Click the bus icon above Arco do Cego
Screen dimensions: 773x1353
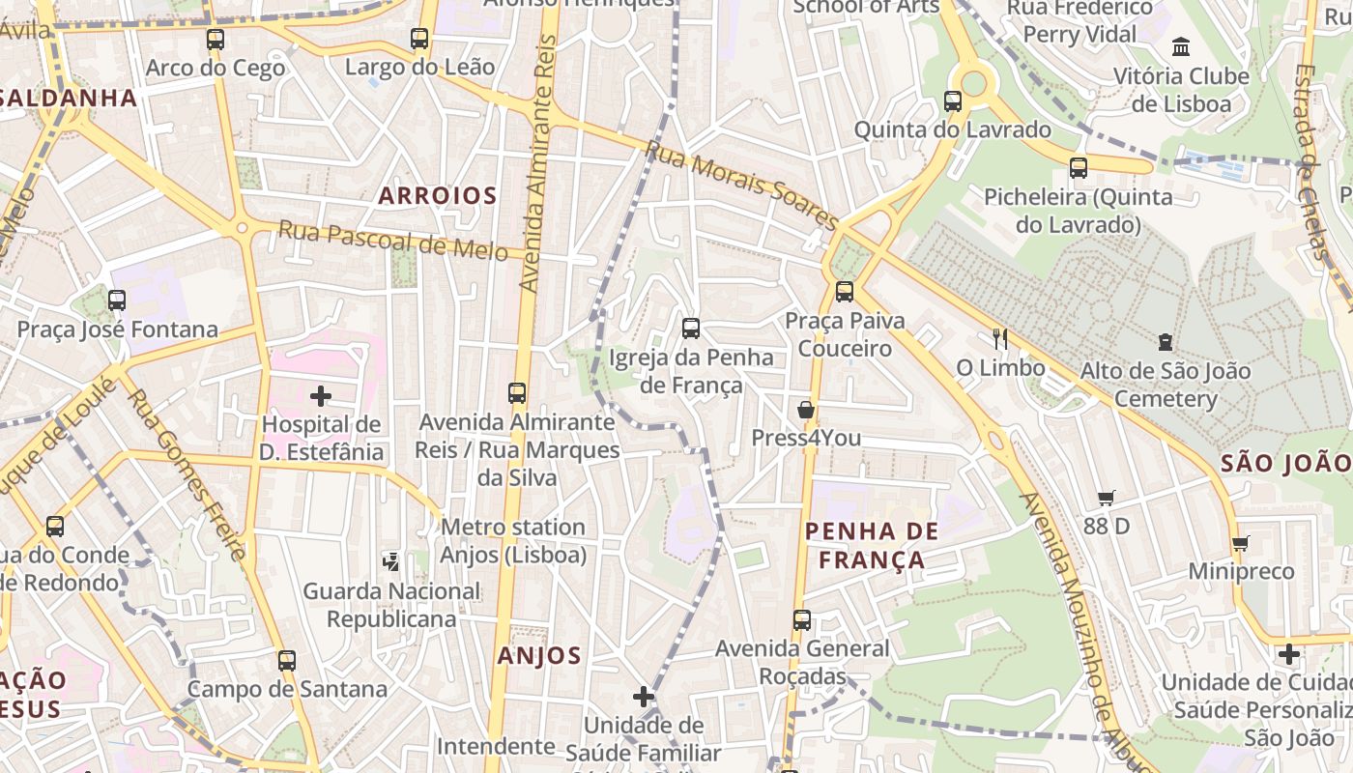(215, 40)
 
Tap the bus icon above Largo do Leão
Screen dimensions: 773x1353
(418, 39)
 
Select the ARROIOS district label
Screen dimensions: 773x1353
(437, 196)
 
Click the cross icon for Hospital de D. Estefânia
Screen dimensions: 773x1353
(320, 396)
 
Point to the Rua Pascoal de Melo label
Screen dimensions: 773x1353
(392, 241)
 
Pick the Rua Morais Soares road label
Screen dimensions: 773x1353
(741, 185)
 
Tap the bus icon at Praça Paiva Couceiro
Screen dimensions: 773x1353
(844, 291)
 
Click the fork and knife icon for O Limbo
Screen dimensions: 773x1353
(1000, 338)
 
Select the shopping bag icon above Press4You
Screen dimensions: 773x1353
(805, 410)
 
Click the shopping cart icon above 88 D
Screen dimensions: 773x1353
(1106, 499)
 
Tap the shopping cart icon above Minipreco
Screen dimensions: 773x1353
(1241, 543)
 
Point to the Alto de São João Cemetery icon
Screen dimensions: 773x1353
(1165, 342)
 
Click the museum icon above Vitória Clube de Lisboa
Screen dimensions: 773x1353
(1180, 47)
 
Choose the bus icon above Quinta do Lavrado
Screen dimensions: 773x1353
(952, 100)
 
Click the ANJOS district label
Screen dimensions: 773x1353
(538, 656)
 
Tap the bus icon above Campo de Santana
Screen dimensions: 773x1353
(286, 661)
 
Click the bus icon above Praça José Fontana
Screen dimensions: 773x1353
(117, 301)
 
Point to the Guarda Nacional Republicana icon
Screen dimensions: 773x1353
(390, 561)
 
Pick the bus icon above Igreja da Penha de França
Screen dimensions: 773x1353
(690, 329)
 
